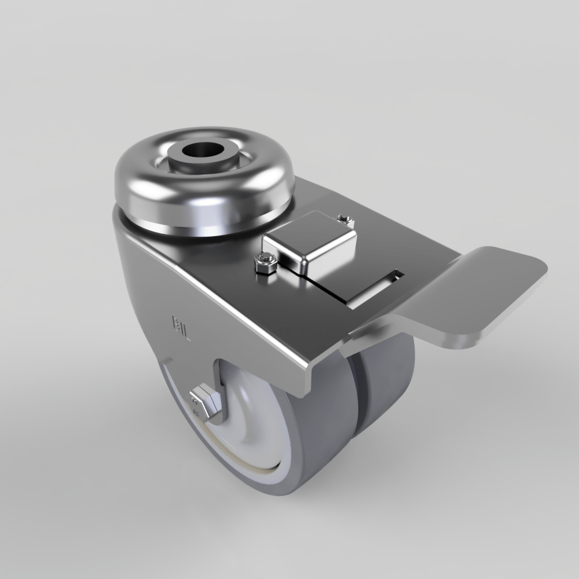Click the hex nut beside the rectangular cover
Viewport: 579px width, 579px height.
click(x=265, y=264)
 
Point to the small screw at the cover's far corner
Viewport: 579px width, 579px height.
click(x=346, y=218)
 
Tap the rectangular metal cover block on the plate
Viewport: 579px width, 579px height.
click(x=310, y=243)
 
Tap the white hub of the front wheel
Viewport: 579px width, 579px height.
click(x=255, y=417)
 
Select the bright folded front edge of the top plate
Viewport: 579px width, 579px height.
click(x=255, y=324)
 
